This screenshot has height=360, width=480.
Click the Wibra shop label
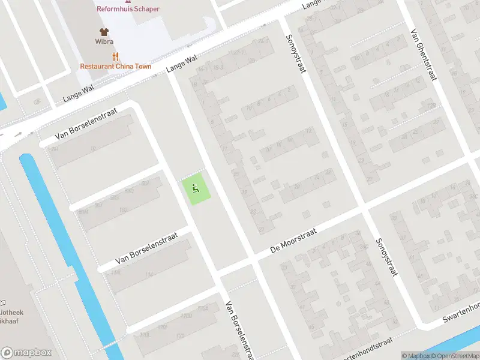click(104, 42)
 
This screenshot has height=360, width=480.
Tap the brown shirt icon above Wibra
click(104, 32)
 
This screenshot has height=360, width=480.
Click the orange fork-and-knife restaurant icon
click(116, 57)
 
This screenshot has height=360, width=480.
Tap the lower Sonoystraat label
click(386, 257)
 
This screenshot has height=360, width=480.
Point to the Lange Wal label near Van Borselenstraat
click(75, 95)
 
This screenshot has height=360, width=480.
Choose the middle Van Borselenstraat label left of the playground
click(144, 251)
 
